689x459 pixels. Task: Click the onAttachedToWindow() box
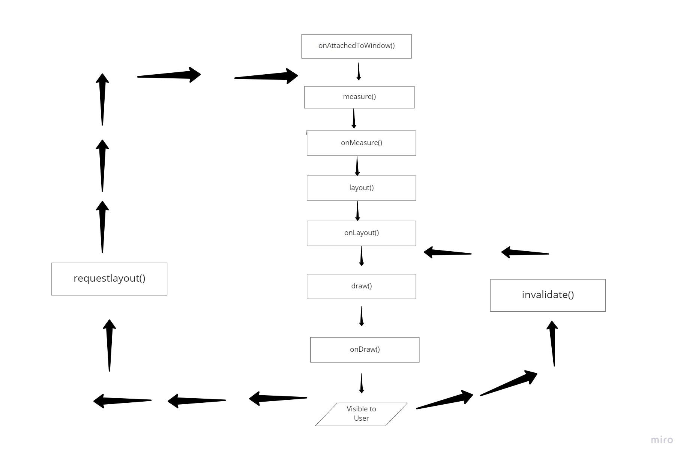(x=356, y=46)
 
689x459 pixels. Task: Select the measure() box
(x=359, y=97)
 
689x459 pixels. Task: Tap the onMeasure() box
(x=361, y=143)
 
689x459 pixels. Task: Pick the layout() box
(x=361, y=188)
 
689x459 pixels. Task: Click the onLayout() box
(x=361, y=233)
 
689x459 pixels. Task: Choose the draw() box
(x=361, y=286)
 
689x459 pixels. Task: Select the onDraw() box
(x=365, y=349)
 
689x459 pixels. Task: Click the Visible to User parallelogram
(x=361, y=414)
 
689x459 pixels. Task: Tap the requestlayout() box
(x=109, y=279)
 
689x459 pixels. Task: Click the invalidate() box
(x=548, y=295)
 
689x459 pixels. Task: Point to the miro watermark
(x=662, y=440)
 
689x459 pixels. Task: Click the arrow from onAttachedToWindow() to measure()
(x=359, y=72)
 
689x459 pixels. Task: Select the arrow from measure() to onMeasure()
(x=354, y=119)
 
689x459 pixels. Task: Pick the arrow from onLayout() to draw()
(x=361, y=256)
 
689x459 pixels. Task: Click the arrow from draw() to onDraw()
(x=361, y=316)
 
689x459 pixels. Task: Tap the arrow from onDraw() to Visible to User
(x=361, y=383)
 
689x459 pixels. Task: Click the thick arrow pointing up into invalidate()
(x=553, y=343)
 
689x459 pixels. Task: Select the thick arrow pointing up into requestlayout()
(x=109, y=345)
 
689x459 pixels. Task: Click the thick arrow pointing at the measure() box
(x=267, y=76)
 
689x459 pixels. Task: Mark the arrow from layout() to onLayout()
(x=357, y=211)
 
